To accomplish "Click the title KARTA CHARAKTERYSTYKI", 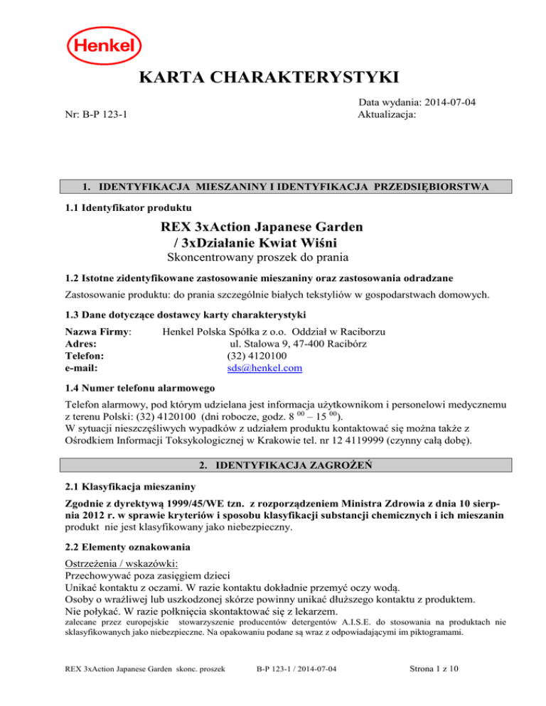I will [x=273, y=77].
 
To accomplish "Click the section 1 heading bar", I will [x=273, y=188].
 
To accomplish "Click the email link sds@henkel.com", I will [x=262, y=369].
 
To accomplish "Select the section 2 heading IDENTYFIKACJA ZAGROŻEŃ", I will [x=273, y=466].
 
